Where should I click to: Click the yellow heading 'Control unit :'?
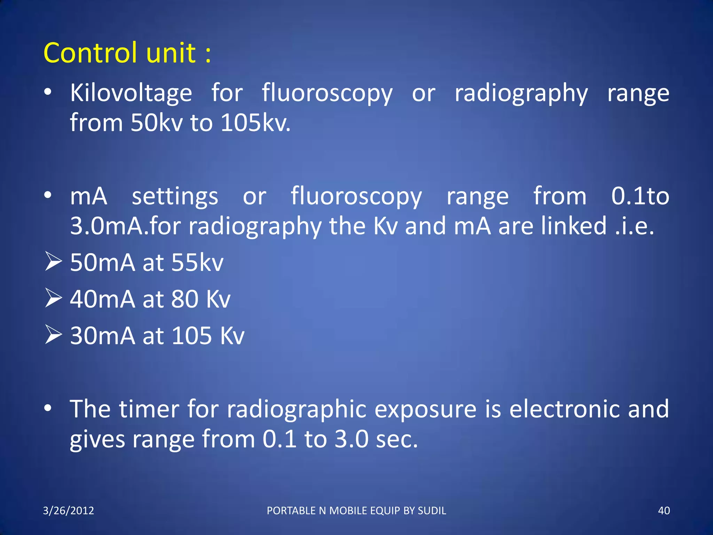(x=127, y=53)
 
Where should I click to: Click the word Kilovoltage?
(x=131, y=93)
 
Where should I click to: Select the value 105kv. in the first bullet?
(x=255, y=123)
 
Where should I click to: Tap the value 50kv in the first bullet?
(x=156, y=123)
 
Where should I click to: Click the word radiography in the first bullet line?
(x=521, y=93)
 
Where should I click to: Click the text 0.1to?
(x=640, y=196)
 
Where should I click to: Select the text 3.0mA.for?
(x=125, y=226)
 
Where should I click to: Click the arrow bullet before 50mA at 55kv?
(x=53, y=262)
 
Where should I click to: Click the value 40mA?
(x=102, y=299)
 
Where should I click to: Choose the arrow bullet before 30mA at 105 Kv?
(x=53, y=335)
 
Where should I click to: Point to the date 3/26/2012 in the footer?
(x=69, y=511)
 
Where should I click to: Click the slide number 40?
(x=664, y=511)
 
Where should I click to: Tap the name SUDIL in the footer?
(x=432, y=511)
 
